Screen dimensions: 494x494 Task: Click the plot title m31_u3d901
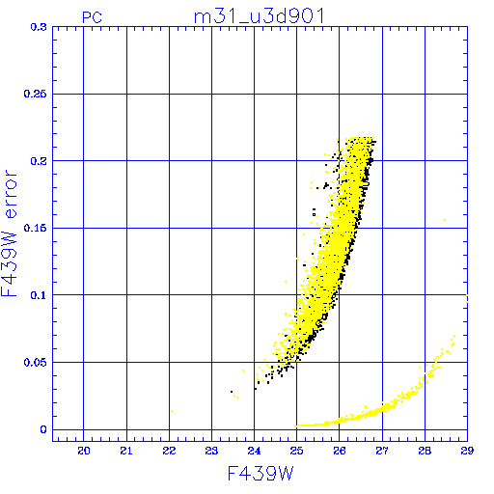click(x=259, y=16)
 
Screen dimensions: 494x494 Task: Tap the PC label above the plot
click(x=92, y=17)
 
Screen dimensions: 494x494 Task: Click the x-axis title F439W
click(x=261, y=474)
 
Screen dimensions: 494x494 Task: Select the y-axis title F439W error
click(x=10, y=233)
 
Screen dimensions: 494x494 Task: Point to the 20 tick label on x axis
click(x=84, y=451)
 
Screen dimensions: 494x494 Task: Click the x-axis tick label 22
click(x=169, y=451)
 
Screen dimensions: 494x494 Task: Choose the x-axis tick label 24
click(x=254, y=451)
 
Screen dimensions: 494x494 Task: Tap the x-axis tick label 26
click(x=340, y=451)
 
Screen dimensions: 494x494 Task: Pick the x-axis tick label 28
click(x=425, y=451)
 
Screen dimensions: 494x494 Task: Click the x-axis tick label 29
click(x=467, y=451)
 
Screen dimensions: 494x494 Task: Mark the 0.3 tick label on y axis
click(x=39, y=27)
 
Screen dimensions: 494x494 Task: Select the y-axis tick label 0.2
click(x=39, y=161)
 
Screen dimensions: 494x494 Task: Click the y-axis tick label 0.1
click(x=39, y=295)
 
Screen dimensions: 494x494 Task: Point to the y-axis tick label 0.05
click(x=36, y=363)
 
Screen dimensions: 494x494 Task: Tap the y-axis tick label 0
click(x=43, y=429)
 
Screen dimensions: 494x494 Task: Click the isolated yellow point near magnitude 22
click(x=172, y=411)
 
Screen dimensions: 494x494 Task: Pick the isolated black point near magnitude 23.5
click(x=232, y=392)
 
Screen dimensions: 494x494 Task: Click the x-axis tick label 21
click(x=126, y=451)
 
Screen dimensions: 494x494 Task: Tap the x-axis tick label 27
click(x=382, y=451)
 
